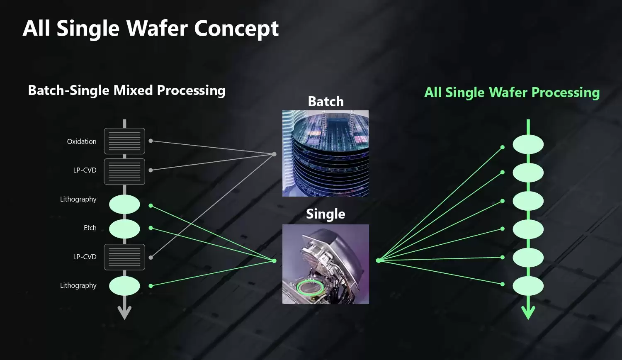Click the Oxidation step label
[82, 141]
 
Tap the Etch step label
[90, 228]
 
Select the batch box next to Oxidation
[124, 141]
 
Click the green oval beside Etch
[124, 229]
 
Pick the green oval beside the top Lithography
[124, 204]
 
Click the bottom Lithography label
[78, 286]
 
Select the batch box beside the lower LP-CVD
[124, 257]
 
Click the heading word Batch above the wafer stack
[326, 101]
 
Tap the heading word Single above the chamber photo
[326, 214]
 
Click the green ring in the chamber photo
[310, 288]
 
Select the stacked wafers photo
[326, 153]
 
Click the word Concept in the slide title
[236, 28]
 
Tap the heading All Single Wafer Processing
[512, 92]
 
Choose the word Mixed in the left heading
[133, 90]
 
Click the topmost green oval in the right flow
[528, 144]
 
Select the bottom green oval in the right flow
[528, 286]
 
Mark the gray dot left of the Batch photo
[274, 154]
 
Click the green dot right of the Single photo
[378, 260]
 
